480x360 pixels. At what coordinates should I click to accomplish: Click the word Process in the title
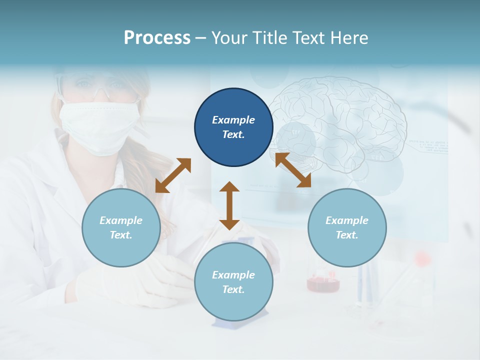pos(157,38)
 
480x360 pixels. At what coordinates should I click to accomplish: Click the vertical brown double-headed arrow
pos(229,205)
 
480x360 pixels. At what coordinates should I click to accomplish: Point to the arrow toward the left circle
pos(173,175)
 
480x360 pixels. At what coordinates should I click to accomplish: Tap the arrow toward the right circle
pos(293,170)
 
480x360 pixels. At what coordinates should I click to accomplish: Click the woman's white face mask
pos(99,125)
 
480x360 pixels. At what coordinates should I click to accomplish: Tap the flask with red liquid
pos(323,282)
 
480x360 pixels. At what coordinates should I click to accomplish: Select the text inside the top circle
pos(233,127)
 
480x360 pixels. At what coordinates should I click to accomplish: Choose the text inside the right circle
pos(347,227)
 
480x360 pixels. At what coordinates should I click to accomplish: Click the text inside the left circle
pos(121,227)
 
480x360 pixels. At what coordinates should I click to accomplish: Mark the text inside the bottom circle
pos(233,282)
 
